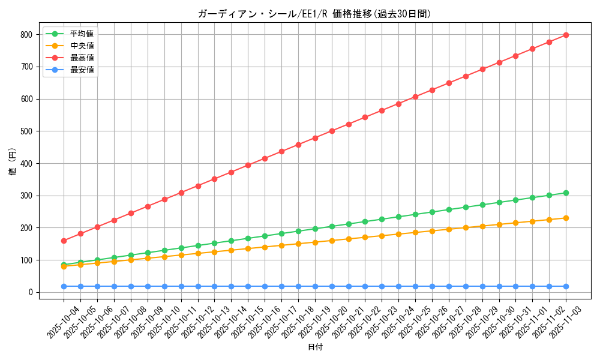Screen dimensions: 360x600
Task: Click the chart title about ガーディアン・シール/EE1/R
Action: click(x=314, y=14)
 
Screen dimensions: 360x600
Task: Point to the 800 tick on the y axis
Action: click(x=27, y=35)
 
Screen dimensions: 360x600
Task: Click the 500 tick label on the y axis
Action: click(x=27, y=131)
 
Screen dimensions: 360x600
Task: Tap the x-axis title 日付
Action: click(x=314, y=347)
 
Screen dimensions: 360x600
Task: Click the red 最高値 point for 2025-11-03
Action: click(x=566, y=35)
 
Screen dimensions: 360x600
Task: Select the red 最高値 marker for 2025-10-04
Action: click(x=64, y=241)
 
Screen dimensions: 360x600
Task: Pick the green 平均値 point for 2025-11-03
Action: click(x=566, y=193)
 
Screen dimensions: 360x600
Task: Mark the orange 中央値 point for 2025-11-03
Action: click(x=566, y=218)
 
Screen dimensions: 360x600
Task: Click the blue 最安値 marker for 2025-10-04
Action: click(x=64, y=286)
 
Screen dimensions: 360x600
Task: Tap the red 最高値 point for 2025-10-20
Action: click(x=332, y=131)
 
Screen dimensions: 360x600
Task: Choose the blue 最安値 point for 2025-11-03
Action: click(x=566, y=286)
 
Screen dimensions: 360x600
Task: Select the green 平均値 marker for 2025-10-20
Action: click(x=332, y=226)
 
